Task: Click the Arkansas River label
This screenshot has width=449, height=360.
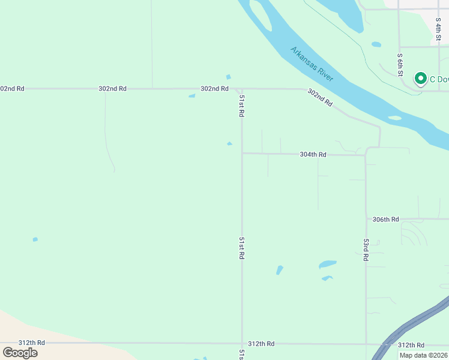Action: click(x=312, y=64)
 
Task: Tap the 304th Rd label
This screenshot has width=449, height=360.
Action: click(x=313, y=155)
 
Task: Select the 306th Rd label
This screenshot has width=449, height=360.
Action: click(x=385, y=220)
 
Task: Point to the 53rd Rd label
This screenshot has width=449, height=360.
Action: click(x=366, y=249)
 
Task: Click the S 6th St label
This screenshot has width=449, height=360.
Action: click(x=400, y=64)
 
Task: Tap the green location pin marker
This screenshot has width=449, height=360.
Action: click(x=420, y=79)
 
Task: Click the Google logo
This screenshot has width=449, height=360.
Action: click(x=20, y=353)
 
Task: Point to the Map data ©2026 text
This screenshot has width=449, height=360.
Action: click(x=423, y=355)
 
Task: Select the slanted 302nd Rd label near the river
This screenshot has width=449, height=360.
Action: click(x=320, y=98)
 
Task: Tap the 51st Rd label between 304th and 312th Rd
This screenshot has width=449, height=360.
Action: click(x=241, y=248)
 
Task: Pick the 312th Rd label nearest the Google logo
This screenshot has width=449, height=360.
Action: click(x=31, y=343)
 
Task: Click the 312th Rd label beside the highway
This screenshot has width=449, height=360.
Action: click(x=411, y=345)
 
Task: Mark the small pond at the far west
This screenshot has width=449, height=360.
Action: click(x=35, y=239)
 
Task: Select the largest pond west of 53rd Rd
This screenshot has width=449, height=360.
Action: click(x=327, y=264)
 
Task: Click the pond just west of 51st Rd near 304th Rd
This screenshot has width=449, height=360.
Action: click(x=229, y=143)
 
